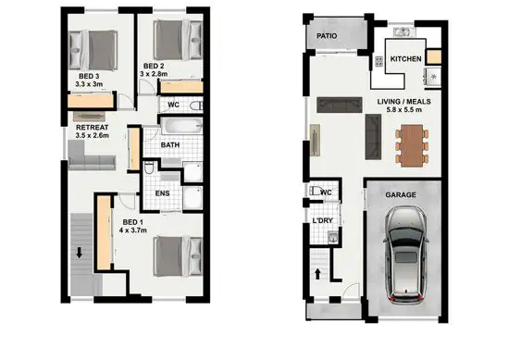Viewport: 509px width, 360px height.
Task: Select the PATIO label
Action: point(326,37)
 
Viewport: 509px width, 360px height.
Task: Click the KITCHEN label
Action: point(406,59)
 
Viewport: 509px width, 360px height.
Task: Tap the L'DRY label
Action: point(322,221)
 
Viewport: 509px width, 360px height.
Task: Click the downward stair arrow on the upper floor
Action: point(81,252)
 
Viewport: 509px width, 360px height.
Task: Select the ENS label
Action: point(161,193)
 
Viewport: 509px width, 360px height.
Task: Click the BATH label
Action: point(169,145)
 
